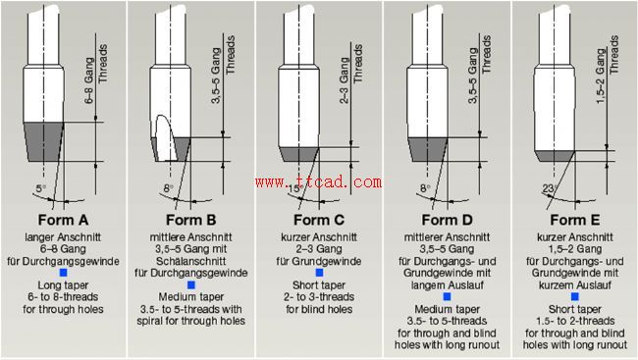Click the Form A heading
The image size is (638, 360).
tap(63, 220)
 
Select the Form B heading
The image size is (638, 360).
tap(190, 220)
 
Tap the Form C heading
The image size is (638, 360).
tap(319, 220)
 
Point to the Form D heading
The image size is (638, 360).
tap(447, 220)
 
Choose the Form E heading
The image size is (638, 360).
tap(575, 220)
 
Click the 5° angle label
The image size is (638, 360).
tap(40, 188)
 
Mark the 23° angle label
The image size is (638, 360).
tap(550, 188)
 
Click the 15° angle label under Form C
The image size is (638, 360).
tap(294, 189)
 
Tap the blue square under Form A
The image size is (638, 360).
tap(63, 273)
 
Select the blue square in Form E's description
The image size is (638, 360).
tap(575, 296)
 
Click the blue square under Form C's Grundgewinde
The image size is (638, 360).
tap(319, 273)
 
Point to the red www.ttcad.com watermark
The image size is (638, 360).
tap(319, 181)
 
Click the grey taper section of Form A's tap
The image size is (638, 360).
tap(43, 141)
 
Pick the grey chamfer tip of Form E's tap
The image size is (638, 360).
tap(555, 156)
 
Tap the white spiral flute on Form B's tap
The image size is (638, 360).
tap(167, 136)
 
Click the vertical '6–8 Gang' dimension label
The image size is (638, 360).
tap(89, 80)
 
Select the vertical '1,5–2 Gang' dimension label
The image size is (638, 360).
tap(601, 77)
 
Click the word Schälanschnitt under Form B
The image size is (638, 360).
tap(190, 261)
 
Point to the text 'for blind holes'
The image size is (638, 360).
tap(319, 309)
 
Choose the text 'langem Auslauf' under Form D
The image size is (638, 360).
tap(447, 285)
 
